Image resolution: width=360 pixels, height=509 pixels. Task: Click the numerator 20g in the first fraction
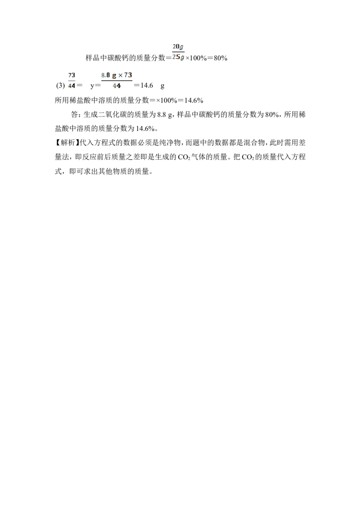(x=178, y=47)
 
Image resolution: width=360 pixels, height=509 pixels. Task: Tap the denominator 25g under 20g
(x=178, y=57)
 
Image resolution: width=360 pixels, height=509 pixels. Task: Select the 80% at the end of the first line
(x=220, y=58)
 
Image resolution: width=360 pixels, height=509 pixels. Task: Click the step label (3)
(x=60, y=86)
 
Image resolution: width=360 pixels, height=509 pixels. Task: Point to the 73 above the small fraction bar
(x=72, y=75)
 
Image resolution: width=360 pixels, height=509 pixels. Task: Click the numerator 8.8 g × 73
(x=117, y=75)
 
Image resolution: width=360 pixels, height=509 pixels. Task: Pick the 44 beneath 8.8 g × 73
(x=117, y=86)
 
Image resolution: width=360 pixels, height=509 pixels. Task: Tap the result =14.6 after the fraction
(x=143, y=85)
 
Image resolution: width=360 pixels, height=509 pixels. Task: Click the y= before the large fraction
(x=95, y=86)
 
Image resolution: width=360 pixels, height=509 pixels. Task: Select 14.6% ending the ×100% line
(x=193, y=100)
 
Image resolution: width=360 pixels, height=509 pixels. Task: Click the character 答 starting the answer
(x=74, y=115)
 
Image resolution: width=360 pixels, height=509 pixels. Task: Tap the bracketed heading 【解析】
(x=67, y=143)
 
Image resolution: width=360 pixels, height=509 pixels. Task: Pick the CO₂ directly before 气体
(x=184, y=157)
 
